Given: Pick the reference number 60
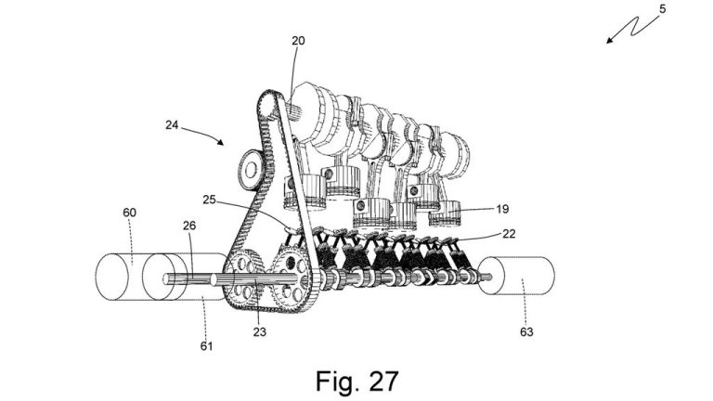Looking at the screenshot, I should pos(129,213).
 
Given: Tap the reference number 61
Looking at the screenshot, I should pos(206,346).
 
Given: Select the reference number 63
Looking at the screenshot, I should pos(526,330).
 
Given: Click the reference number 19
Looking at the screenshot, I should pos(501,210).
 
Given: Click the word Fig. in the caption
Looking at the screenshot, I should pos(332,380).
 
